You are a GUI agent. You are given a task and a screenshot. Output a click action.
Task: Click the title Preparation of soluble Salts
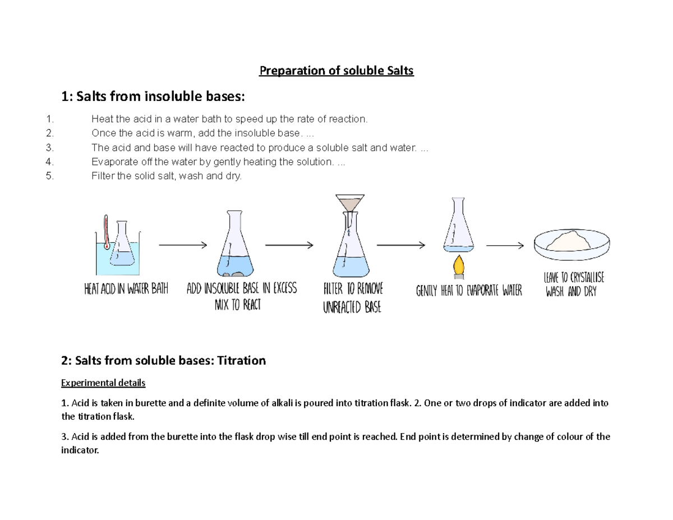(336, 71)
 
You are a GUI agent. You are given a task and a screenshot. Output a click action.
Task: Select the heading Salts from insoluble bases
(153, 97)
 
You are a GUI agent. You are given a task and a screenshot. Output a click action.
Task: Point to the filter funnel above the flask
(349, 203)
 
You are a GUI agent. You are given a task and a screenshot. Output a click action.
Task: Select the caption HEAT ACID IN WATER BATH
(126, 290)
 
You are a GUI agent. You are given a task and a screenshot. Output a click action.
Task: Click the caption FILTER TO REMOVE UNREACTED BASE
(353, 298)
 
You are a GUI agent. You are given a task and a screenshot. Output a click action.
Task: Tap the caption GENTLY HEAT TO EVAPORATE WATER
(469, 291)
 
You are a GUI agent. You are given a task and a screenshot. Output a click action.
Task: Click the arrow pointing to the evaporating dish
(504, 245)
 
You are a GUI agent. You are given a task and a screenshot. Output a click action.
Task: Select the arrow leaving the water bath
(183, 245)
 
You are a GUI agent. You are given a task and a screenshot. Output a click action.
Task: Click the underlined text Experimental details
(103, 383)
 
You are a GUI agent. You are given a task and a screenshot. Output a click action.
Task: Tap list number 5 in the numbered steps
(50, 176)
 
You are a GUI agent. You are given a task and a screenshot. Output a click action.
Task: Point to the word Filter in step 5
(101, 176)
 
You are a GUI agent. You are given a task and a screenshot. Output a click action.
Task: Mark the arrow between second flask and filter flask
(289, 245)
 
